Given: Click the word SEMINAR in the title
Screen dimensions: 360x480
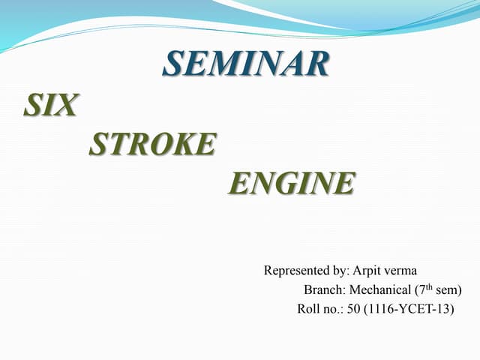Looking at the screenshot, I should click(x=246, y=64).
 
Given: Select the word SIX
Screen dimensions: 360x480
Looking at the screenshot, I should click(x=49, y=106).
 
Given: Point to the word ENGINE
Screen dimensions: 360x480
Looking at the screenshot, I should click(x=291, y=182).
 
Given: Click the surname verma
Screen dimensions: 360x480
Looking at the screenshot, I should click(x=406, y=271).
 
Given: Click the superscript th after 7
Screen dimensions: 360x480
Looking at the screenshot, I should click(x=431, y=286).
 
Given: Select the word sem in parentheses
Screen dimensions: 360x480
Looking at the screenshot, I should click(x=448, y=289).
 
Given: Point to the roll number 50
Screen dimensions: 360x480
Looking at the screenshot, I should click(x=352, y=307).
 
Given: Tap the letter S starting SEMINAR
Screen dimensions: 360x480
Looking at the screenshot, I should click(x=172, y=64).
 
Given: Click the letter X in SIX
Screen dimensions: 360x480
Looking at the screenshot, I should click(x=66, y=106).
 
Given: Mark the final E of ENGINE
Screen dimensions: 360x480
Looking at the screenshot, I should click(x=345, y=182).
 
